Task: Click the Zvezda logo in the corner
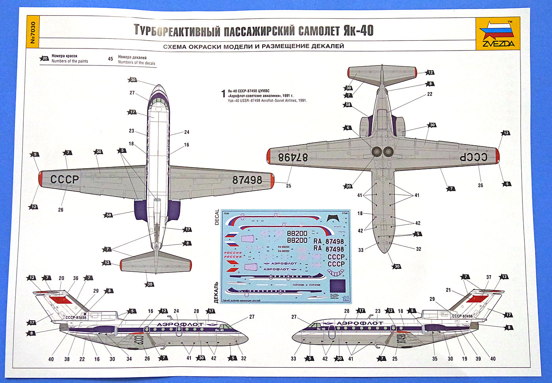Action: point(497,34)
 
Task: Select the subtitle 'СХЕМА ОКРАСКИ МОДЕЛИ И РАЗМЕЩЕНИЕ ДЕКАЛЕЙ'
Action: point(253,46)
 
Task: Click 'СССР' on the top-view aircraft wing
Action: point(65,179)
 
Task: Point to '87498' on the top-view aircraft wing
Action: point(247,180)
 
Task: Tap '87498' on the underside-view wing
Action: point(293,157)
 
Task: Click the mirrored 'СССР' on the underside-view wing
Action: point(474,157)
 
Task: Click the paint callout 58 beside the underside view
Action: point(348,105)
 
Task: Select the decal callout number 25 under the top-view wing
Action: point(289,186)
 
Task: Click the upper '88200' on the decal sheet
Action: point(297,233)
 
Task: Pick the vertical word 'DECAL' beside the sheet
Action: point(217,218)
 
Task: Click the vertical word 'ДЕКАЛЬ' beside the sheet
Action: point(216,292)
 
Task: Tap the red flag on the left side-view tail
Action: point(60,300)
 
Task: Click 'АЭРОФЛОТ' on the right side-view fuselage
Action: point(360,323)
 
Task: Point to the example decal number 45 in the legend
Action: point(110,59)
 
